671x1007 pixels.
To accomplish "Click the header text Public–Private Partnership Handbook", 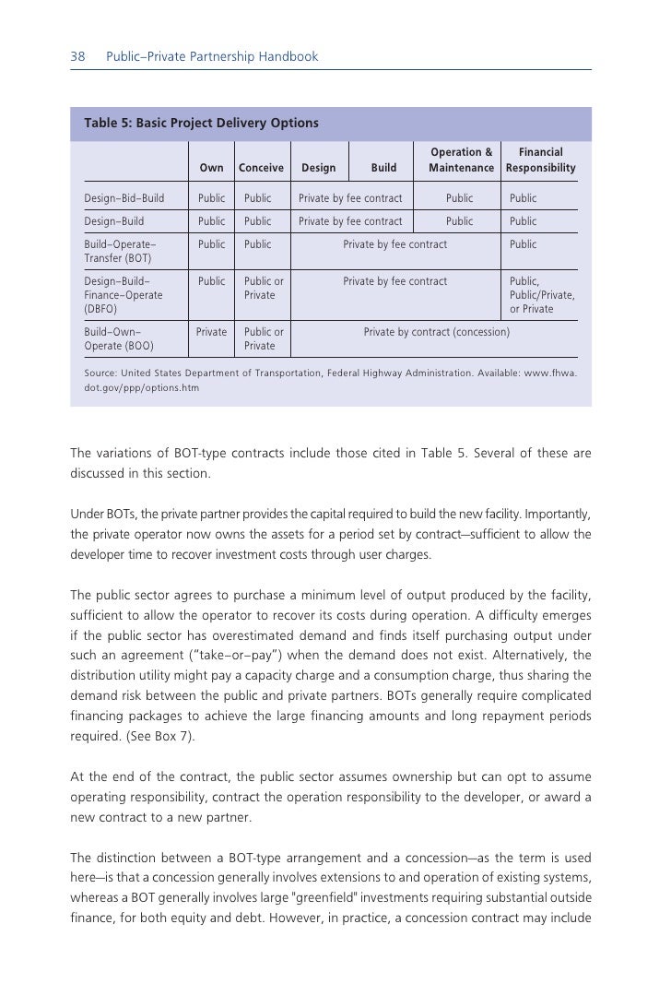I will point(212,57).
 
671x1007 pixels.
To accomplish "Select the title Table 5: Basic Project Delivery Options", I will point(201,123).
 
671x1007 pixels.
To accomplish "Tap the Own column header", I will point(211,168).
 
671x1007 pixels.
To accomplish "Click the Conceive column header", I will point(261,168).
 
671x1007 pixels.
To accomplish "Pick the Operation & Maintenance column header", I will point(461,160).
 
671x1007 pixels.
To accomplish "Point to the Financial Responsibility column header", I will point(540,160).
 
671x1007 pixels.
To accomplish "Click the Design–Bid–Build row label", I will point(124,198).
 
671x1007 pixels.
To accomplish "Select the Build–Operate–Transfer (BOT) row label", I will point(120,252).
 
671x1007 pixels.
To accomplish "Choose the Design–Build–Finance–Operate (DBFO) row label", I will point(123,295).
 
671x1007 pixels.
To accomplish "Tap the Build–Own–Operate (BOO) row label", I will point(119,338).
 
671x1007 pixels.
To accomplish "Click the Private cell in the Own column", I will point(211,332).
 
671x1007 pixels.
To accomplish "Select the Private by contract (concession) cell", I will point(436,332).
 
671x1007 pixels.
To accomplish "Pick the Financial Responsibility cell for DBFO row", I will point(542,295).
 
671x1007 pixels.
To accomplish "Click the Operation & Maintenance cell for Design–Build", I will point(459,221).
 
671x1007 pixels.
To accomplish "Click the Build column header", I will point(383,168).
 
